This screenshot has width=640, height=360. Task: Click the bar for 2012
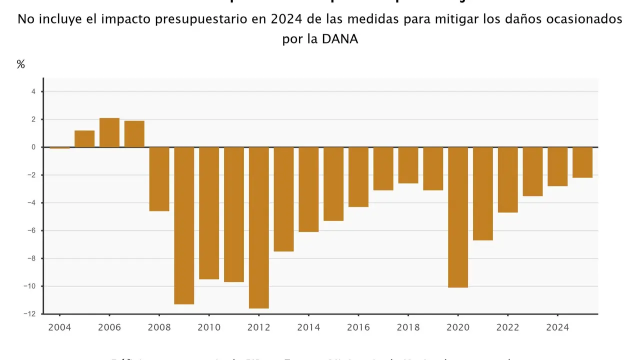click(259, 227)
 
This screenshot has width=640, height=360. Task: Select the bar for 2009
click(184, 225)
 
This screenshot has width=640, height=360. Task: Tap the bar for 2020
click(458, 217)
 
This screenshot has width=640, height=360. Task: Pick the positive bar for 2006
click(109, 132)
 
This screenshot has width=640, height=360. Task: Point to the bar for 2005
click(84, 139)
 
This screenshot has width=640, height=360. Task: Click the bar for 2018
click(408, 165)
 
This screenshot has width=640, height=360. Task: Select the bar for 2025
click(582, 162)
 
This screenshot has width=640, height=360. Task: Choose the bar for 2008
click(159, 179)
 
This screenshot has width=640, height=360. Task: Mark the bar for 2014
click(308, 189)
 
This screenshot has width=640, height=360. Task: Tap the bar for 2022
click(507, 180)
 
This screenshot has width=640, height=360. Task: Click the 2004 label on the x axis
click(59, 327)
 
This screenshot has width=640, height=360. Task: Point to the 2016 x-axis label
click(358, 327)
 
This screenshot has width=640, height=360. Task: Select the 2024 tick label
click(557, 327)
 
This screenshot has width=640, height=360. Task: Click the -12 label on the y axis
click(31, 314)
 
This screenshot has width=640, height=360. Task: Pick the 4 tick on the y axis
click(33, 91)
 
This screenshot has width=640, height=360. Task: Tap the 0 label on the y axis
click(33, 147)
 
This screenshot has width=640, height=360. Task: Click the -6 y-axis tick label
click(32, 230)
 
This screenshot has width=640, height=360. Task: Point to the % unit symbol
click(20, 64)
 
